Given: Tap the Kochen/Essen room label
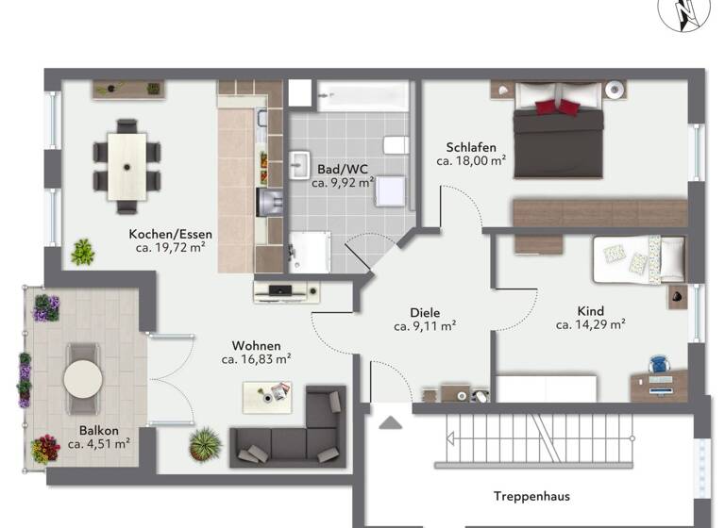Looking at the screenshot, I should point(171,234).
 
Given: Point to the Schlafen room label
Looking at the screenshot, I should point(471,146).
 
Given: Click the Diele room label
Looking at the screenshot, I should point(425,312).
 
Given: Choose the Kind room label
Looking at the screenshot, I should point(591,310).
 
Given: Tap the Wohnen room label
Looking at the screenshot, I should point(257,345).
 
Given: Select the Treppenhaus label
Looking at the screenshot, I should point(531,495).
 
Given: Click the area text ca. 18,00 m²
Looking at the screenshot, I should point(471,161).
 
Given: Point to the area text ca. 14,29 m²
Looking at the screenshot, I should point(591,324).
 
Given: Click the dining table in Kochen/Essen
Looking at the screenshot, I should point(126,165).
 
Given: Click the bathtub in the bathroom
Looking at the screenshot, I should point(363,94).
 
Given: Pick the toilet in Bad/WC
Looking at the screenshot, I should point(396,145).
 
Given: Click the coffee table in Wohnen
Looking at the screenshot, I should point(267,396).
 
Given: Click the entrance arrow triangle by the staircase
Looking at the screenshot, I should point(390,423).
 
